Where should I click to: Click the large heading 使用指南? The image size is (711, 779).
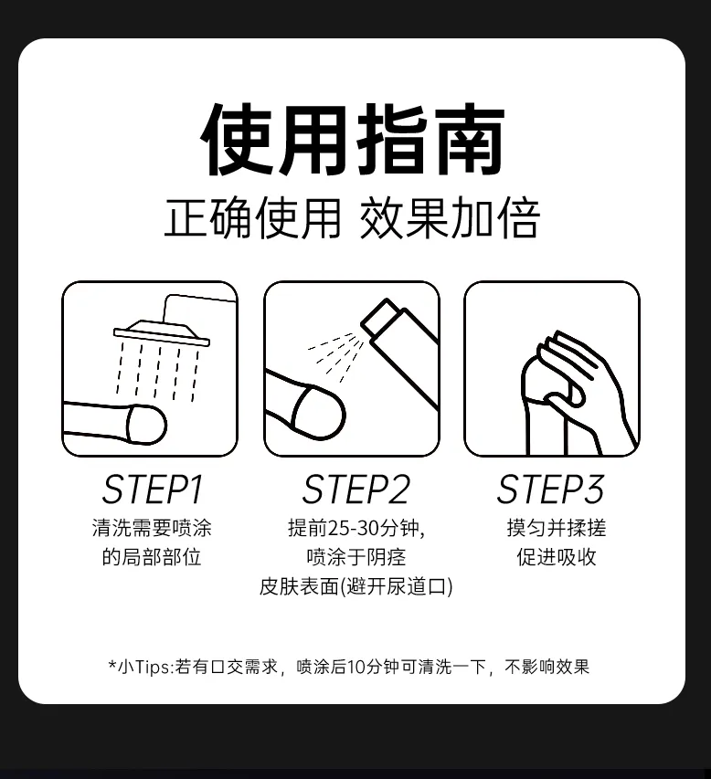coord(353,139)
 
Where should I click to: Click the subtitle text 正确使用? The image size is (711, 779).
coord(252,218)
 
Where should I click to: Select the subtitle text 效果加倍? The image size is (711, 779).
coord(450,218)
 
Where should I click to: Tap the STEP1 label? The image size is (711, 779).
coord(153,490)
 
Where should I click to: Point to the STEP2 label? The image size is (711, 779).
coord(356,490)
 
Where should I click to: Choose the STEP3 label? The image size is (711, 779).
coord(550,490)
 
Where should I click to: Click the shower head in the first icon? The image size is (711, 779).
coord(162,332)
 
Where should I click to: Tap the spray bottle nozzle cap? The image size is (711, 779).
coord(380,317)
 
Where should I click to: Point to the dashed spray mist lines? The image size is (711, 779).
coord(336,356)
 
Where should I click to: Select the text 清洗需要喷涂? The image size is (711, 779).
coord(152,528)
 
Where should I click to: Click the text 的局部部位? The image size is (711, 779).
coord(152,557)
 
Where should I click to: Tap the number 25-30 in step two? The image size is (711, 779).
coord(355,528)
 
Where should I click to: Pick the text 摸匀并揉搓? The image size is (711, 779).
coord(557,528)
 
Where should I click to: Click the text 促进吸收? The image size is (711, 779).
coord(557,557)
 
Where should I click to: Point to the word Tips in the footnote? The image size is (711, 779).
coord(153,668)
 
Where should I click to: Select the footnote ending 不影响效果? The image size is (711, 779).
coord(547,667)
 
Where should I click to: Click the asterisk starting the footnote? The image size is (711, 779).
coord(113,664)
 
